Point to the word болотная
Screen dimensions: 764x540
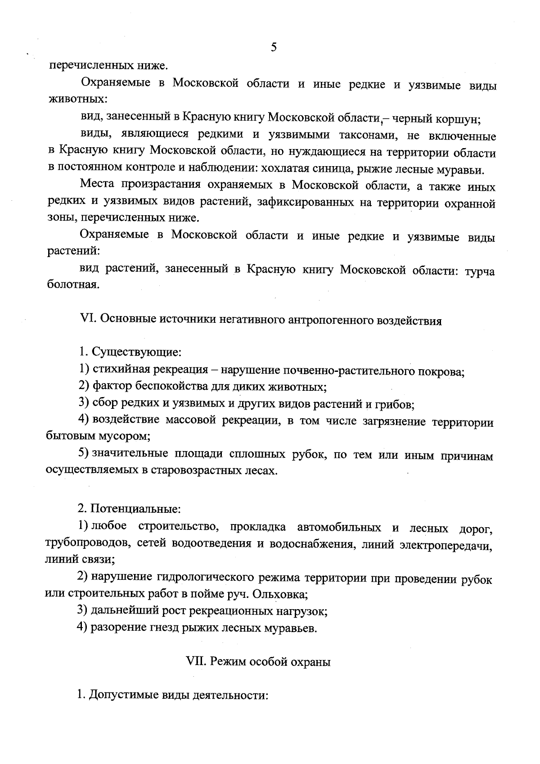[x=72, y=285]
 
